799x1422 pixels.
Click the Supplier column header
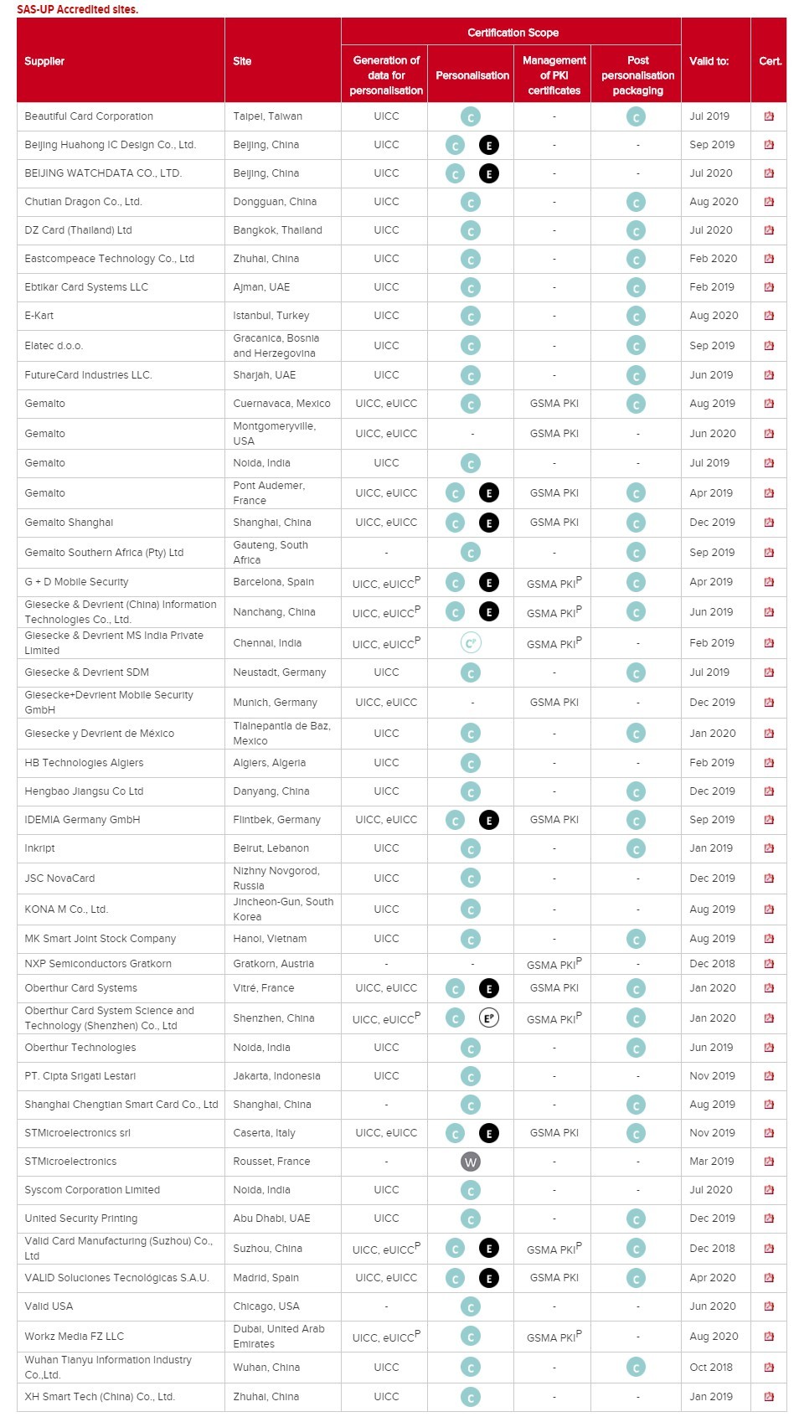[x=44, y=61]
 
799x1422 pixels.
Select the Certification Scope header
[x=513, y=33]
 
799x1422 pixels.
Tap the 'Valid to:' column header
[x=709, y=61]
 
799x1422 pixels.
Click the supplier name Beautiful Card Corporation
[x=89, y=116]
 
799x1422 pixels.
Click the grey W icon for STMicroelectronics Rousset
[x=471, y=1162]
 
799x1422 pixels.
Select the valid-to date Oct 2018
[x=710, y=1367]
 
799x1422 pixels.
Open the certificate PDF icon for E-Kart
[x=769, y=316]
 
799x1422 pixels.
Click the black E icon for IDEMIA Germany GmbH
[x=489, y=820]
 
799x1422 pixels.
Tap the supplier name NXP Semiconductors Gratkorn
[x=98, y=964]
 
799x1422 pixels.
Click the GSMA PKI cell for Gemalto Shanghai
[x=554, y=523]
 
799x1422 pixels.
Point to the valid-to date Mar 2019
[x=710, y=1162]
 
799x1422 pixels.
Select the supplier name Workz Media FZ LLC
[x=74, y=1337]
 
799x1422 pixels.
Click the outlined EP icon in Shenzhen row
[x=489, y=1018]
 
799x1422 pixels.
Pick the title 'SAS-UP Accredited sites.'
[x=77, y=9]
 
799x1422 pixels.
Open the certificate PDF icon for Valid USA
[x=769, y=1306]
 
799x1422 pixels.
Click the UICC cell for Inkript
[x=386, y=848]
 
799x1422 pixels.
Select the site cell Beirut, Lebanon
[x=271, y=848]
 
